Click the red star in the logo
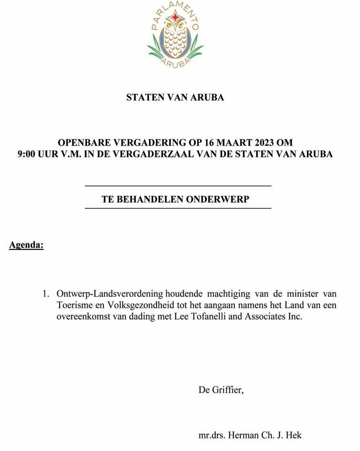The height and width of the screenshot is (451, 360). coord(176,16)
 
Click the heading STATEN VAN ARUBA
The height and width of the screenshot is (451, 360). coord(175,97)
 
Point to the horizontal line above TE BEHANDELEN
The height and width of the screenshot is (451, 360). coord(178,186)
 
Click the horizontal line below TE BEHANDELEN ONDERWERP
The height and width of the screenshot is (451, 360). coord(178,208)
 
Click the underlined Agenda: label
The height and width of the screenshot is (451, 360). coord(26,245)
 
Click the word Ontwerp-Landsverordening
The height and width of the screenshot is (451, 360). coord(110,294)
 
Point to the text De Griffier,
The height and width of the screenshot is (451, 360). coord(221,390)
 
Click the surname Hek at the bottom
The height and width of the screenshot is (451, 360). coord(294,435)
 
